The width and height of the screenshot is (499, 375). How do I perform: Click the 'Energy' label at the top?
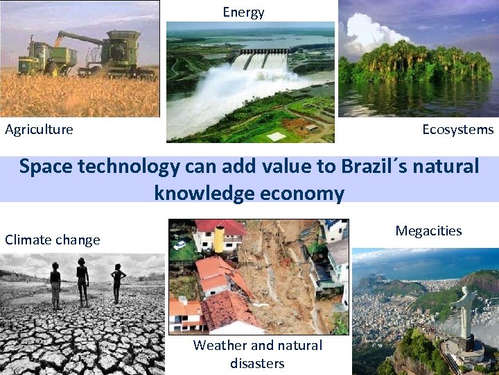point(243,12)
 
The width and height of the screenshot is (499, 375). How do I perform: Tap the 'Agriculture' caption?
point(39,129)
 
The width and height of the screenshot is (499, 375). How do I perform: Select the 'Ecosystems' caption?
point(458,129)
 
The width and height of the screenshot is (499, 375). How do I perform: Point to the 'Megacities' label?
point(428,231)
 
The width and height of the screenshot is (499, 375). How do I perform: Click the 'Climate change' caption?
point(53,240)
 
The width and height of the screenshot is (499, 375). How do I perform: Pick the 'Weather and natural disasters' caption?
point(257,354)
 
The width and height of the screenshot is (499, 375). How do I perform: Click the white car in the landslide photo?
point(180,244)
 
